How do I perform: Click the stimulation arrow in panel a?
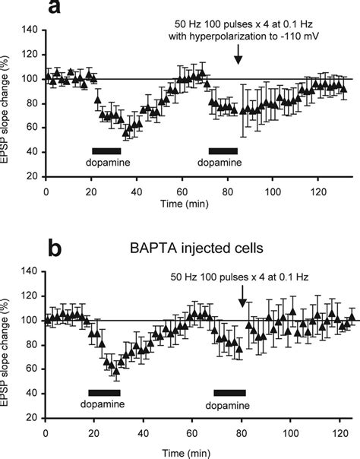click(238, 54)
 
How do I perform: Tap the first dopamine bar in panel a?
click(106, 150)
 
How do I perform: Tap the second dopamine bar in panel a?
click(223, 150)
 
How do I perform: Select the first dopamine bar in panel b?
click(104, 392)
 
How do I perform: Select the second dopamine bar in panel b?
click(230, 392)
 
